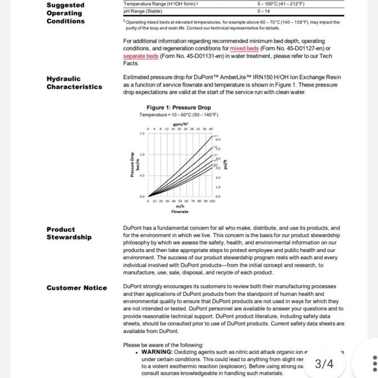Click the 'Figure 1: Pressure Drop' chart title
178,107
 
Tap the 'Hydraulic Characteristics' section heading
74,83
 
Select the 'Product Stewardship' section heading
69,233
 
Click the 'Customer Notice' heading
76,288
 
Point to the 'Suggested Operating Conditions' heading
65,13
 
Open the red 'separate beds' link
141,56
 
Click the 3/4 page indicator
324,364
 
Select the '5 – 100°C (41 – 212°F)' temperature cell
281,3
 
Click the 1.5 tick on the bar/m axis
142,133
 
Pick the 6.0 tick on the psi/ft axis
218,138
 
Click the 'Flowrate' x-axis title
180,211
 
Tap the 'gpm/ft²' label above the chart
181,124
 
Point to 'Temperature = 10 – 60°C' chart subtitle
179,115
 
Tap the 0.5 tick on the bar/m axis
142,175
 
